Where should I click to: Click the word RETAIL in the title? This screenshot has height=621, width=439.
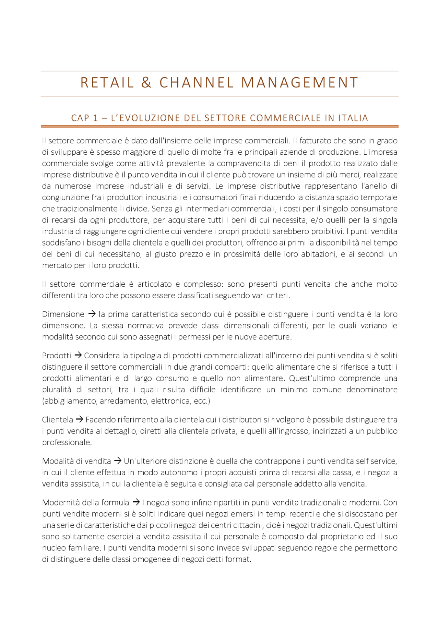coord(107,83)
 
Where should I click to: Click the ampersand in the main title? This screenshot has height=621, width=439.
coord(146,83)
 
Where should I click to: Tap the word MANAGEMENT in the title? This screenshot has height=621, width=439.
coord(299,83)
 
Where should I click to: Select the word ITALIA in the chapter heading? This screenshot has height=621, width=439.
coord(353,118)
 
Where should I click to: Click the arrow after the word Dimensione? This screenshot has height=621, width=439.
coord(92,314)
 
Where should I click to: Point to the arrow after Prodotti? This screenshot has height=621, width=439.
coord(78,355)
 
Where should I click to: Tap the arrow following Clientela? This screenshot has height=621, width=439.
coord(79,419)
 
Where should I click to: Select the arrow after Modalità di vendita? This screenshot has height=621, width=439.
coord(117,461)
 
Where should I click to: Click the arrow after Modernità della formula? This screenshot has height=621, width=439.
coord(136,502)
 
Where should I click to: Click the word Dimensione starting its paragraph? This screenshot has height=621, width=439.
coord(63,314)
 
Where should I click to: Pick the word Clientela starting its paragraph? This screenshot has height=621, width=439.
coord(57,420)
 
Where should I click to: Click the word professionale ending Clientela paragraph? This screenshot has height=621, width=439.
coord(67,442)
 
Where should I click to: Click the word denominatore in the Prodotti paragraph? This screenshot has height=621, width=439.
coord(372,390)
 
